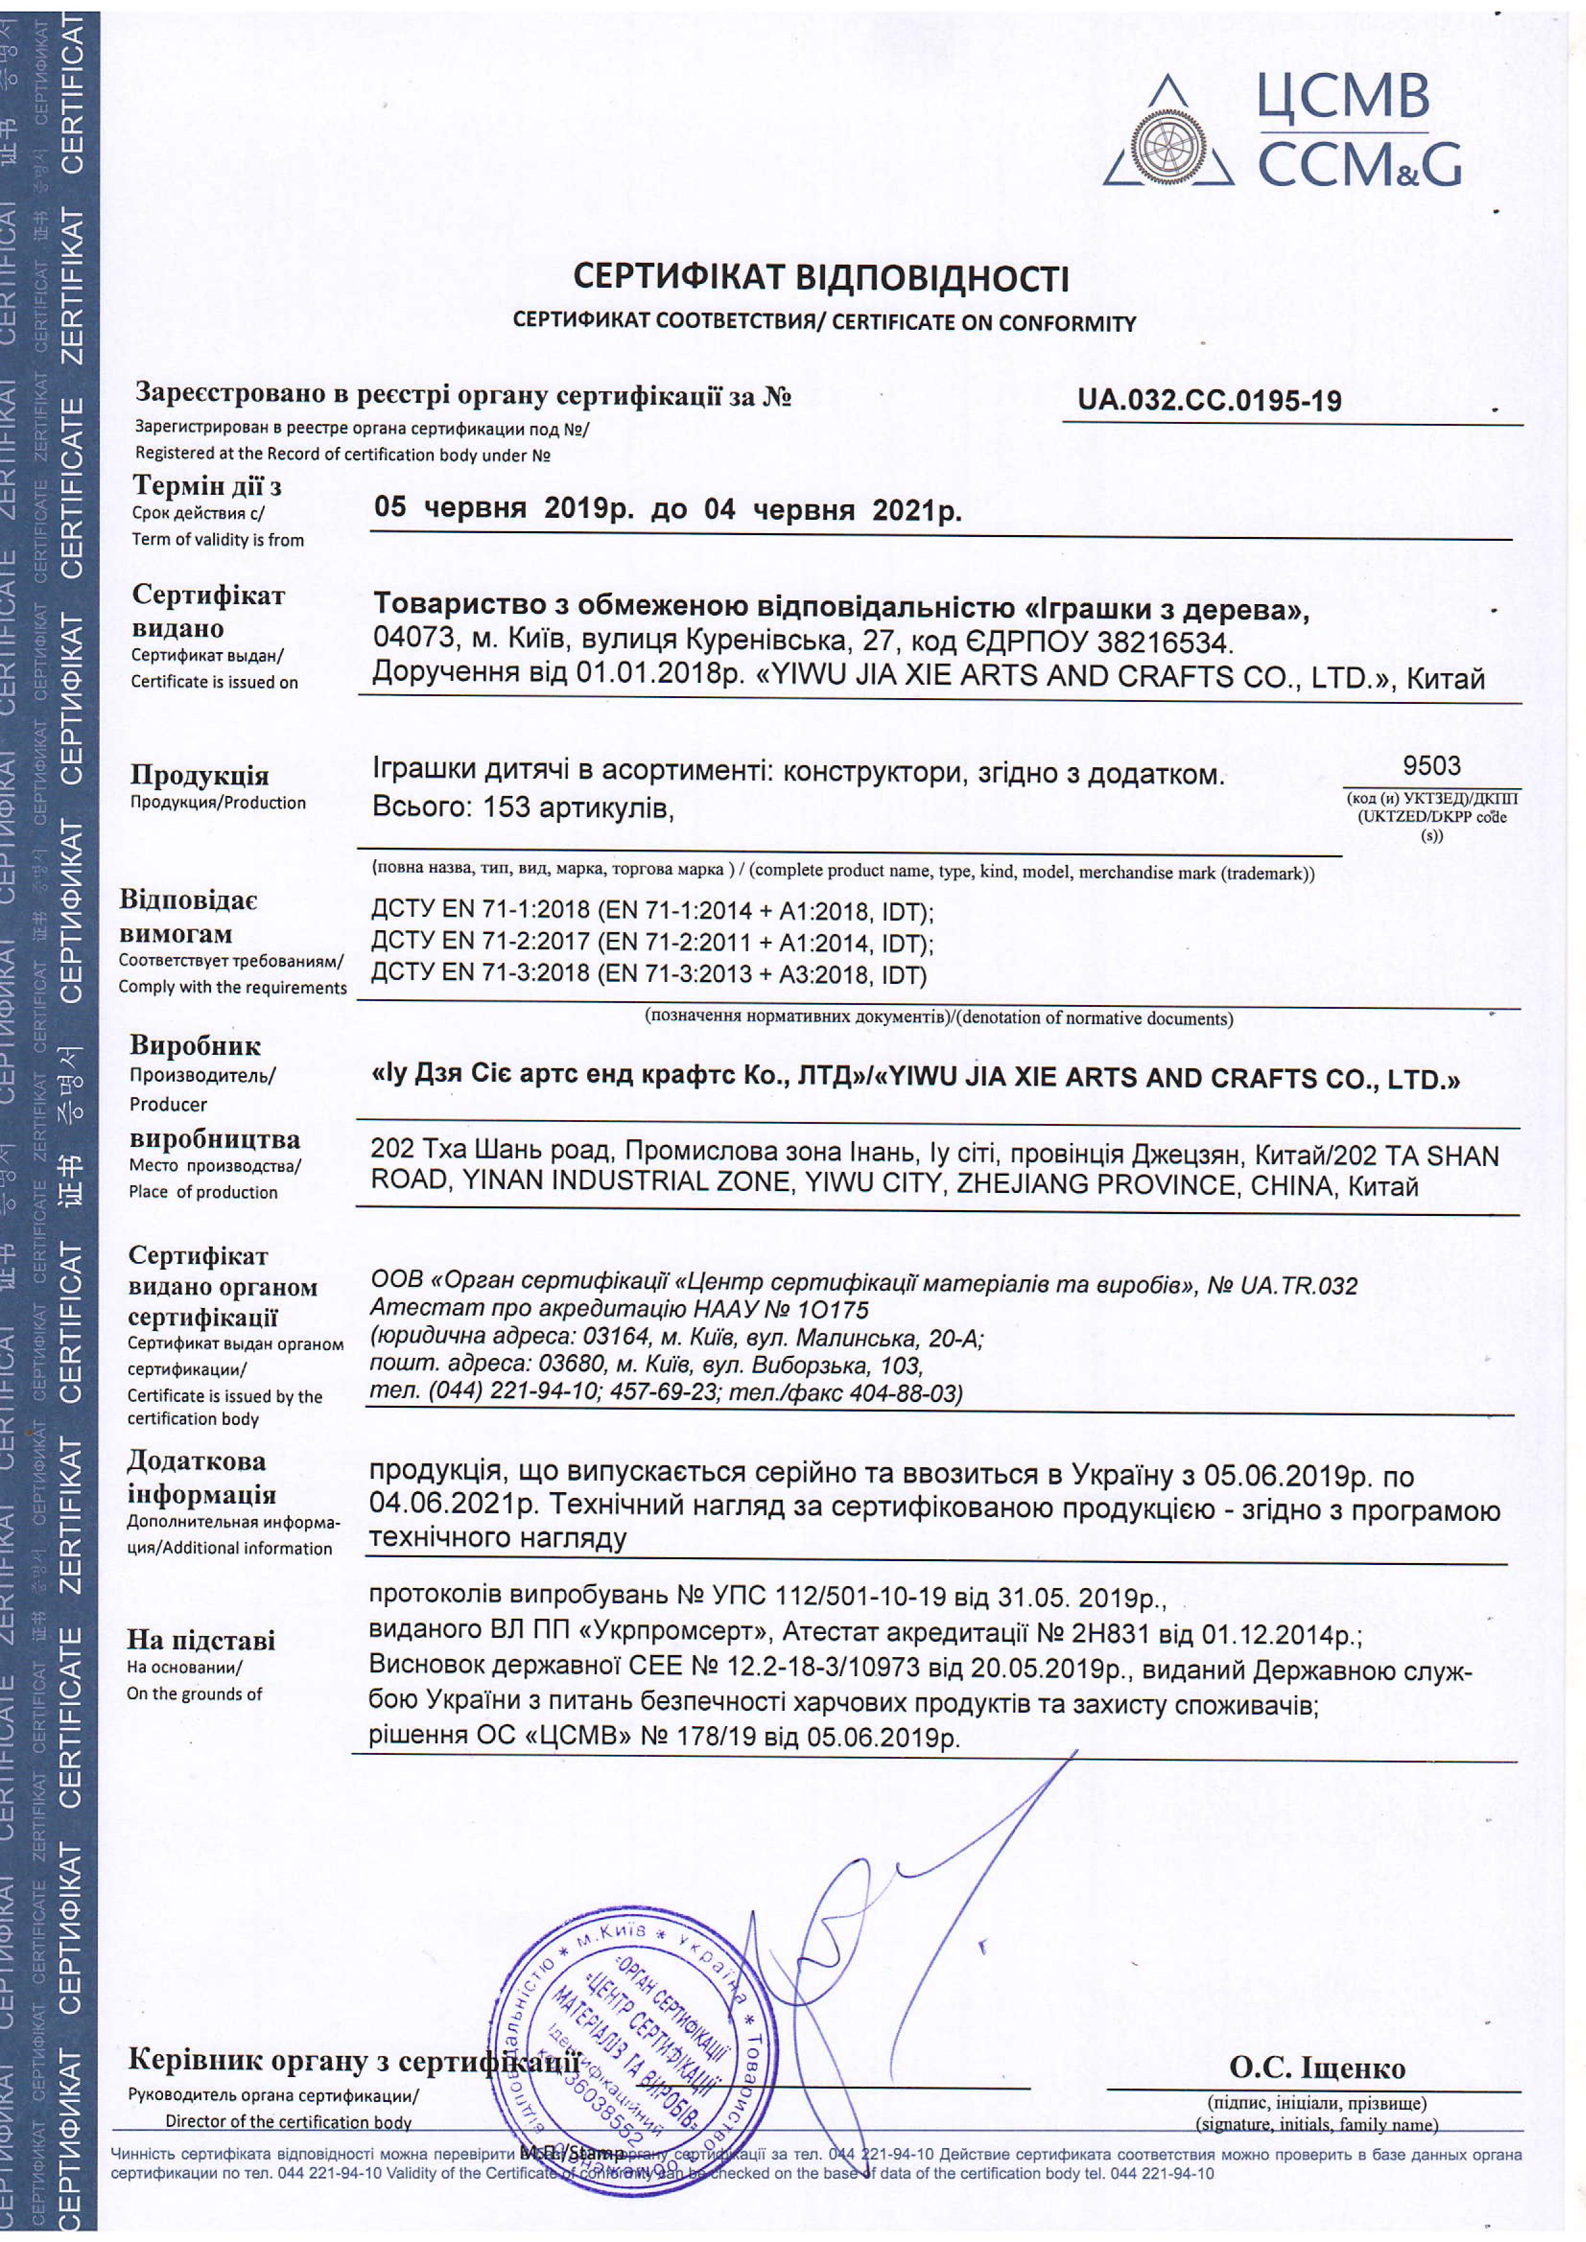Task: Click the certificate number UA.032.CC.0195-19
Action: point(1209,400)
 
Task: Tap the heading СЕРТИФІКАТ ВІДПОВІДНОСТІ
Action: point(820,278)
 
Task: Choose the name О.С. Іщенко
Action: point(1317,2067)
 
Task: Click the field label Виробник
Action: point(194,1046)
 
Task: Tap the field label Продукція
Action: point(200,775)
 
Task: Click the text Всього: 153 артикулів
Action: point(524,807)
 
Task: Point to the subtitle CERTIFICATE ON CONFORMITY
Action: point(984,323)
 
